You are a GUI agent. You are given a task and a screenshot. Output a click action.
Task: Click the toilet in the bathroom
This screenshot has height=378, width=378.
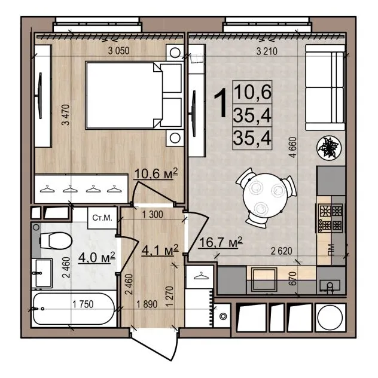(x=56, y=241)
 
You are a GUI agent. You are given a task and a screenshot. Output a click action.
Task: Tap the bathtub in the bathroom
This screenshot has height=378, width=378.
(x=74, y=309)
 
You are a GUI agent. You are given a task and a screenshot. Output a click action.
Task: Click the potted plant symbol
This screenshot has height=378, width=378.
(x=329, y=148)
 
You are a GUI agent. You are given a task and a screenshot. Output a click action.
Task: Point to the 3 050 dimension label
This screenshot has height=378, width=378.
(x=118, y=51)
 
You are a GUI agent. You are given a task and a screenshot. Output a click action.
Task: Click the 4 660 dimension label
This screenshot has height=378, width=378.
(x=292, y=147)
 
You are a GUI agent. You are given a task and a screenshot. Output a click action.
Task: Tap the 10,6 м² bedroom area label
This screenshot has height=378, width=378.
(x=156, y=173)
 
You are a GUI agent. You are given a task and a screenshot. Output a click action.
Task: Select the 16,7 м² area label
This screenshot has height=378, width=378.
(x=221, y=242)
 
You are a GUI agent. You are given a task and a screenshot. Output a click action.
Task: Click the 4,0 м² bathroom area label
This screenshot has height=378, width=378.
(x=97, y=257)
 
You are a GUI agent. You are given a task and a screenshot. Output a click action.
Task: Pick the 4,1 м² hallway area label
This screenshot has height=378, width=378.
(x=160, y=250)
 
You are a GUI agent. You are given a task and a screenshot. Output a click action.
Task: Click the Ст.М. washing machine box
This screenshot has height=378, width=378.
(x=102, y=218)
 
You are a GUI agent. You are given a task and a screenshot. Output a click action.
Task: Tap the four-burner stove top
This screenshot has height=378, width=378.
(x=331, y=218)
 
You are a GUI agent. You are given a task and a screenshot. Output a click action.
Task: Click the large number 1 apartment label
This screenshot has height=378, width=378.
(x=220, y=103)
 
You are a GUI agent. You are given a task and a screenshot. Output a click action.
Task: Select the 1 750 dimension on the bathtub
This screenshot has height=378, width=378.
(x=83, y=304)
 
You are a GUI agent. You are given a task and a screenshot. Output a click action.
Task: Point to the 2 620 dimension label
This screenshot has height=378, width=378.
(x=281, y=251)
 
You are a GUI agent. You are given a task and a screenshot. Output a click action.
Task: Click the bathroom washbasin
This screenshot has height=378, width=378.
(x=42, y=273)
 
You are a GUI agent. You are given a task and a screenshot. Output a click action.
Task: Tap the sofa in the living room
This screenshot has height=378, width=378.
(x=325, y=87)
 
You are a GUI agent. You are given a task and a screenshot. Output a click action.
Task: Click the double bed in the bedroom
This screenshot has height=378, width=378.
(x=134, y=95)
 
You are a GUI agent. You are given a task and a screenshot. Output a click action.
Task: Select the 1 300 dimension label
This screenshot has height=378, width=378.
(x=153, y=214)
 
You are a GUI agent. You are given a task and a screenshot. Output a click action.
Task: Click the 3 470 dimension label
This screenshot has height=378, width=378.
(x=66, y=115)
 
